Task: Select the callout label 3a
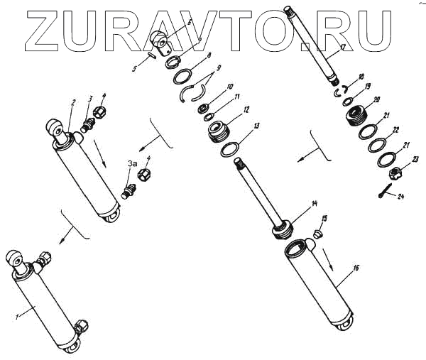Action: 131,164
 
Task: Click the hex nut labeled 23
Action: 395,173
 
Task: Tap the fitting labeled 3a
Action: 129,190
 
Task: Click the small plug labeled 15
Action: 318,234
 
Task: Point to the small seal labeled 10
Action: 203,107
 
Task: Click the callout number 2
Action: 73,103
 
